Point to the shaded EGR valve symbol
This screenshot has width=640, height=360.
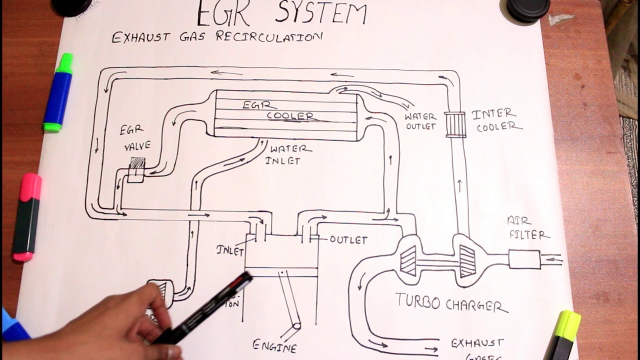pyautogui.click(x=137, y=163)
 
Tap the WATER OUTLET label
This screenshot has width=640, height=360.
pyautogui.click(x=420, y=121)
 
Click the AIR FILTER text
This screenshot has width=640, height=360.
pyautogui.click(x=527, y=228)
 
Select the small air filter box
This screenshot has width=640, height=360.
pyautogui.click(x=524, y=259)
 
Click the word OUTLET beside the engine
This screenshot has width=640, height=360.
pyautogui.click(x=348, y=240)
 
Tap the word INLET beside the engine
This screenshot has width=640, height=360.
pyautogui.click(x=230, y=249)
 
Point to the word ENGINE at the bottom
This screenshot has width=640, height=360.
pyautogui.click(x=274, y=345)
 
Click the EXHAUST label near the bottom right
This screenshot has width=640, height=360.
pyautogui.click(x=477, y=343)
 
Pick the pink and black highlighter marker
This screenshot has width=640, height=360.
pyautogui.click(x=27, y=217)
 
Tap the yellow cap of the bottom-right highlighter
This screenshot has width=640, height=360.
pyautogui.click(x=568, y=325)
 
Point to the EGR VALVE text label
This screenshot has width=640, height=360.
pyautogui.click(x=134, y=138)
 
